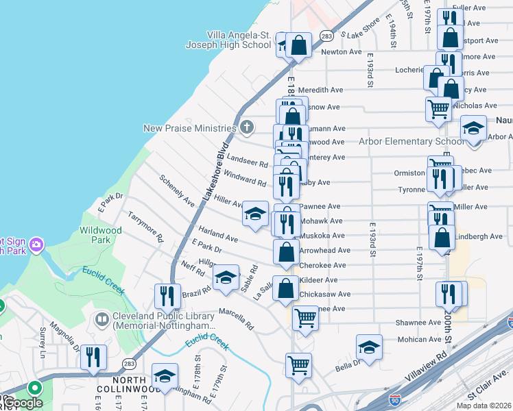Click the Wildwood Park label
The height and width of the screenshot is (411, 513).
pyautogui.click(x=101, y=235)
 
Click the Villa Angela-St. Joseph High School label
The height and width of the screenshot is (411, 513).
pyautogui.click(x=228, y=40)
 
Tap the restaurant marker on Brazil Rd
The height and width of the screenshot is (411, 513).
pyautogui.click(x=167, y=296)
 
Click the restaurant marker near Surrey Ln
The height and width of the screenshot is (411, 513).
pyautogui.click(x=92, y=358)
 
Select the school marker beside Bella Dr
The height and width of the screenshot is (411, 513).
pyautogui.click(x=369, y=347)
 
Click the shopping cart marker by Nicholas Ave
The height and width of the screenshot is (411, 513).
pyautogui.click(x=438, y=108)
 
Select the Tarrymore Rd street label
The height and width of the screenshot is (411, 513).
pyautogui.click(x=146, y=227)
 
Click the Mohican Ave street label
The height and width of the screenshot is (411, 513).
pyautogui.click(x=418, y=338)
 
